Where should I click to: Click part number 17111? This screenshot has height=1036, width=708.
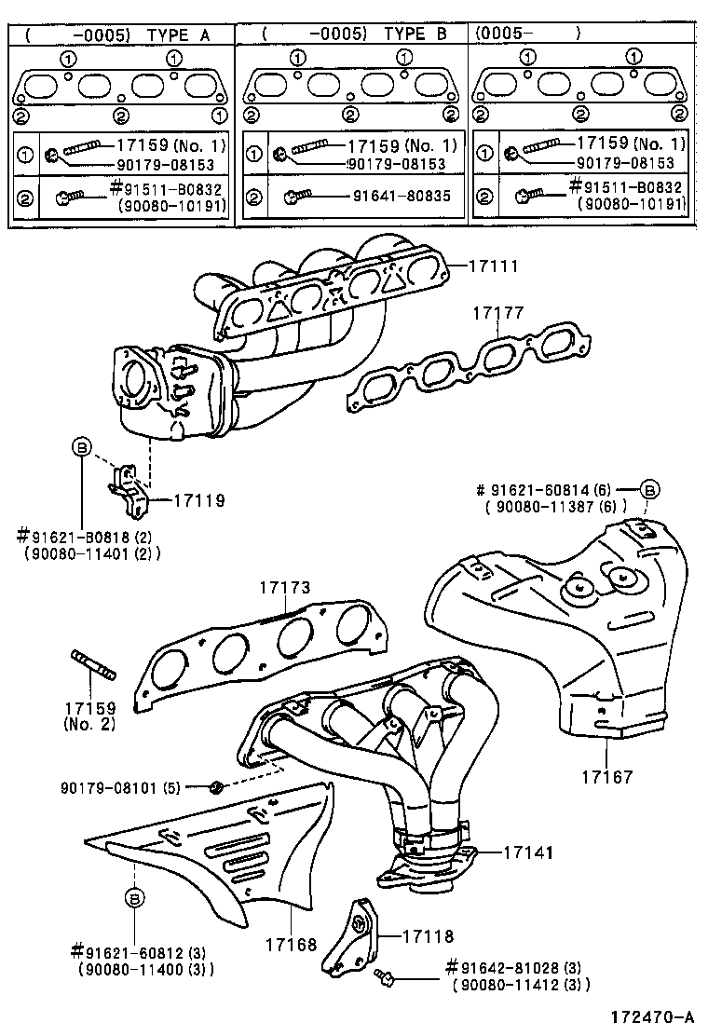click(494, 266)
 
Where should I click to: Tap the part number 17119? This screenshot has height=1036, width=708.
click(199, 500)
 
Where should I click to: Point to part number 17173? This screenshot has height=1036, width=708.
click(284, 588)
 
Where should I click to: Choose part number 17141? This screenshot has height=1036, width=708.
click(529, 852)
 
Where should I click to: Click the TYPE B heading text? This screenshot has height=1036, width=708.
click(415, 34)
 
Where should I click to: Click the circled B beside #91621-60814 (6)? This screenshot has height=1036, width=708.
click(650, 488)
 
